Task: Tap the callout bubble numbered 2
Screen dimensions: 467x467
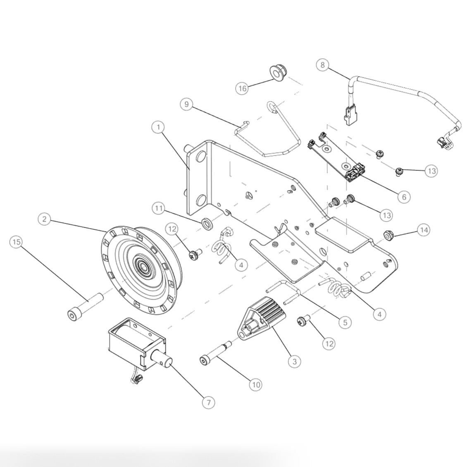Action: pyautogui.click(x=45, y=219)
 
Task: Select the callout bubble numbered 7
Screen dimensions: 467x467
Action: pyautogui.click(x=209, y=402)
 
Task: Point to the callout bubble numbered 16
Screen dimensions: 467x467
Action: pyautogui.click(x=243, y=88)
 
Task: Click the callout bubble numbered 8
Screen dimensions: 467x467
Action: pyautogui.click(x=323, y=65)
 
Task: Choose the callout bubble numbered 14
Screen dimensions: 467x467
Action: pyautogui.click(x=423, y=230)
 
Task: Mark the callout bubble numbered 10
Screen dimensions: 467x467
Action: pyautogui.click(x=255, y=384)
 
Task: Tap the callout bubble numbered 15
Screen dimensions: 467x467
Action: pyautogui.click(x=16, y=243)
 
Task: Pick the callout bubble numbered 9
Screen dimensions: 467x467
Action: pyautogui.click(x=187, y=104)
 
